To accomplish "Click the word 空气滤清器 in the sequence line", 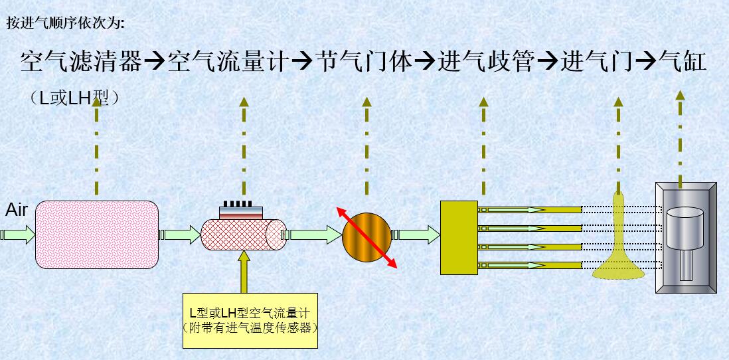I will (81, 62).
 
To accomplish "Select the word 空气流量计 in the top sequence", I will (228, 62).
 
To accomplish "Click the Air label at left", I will (17, 211).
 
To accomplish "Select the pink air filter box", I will (97, 234).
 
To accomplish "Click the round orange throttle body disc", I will (367, 236).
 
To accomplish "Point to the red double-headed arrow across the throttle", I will (386, 256).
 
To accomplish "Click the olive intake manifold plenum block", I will (459, 236).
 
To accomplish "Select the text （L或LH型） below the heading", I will (74, 97).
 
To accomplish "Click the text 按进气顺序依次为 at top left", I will (64, 23).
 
